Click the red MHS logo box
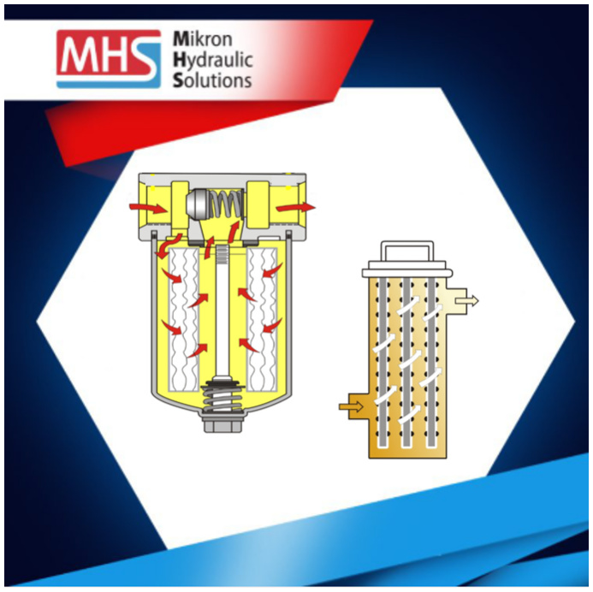tap(109, 58)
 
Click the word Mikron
tap(202, 39)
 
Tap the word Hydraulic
tap(212, 61)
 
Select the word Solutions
tap(212, 80)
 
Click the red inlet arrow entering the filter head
tap(148, 208)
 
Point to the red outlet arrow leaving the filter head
tap(296, 207)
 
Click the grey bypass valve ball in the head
tap(198, 204)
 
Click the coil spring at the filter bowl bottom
tap(223, 397)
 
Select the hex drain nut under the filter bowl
tap(223, 423)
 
